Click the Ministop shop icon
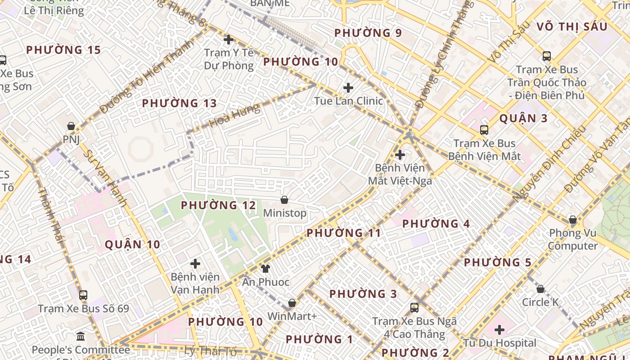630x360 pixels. tap(284, 199)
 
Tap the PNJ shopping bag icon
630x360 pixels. tap(71, 126)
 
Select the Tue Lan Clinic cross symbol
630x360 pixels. tap(348, 88)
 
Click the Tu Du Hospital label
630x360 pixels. tap(500, 343)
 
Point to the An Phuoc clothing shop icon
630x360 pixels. tap(265, 269)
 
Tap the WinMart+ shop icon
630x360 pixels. tap(292, 303)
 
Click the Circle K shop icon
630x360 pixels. tap(540, 289)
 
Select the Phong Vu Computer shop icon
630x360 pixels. tap(572, 220)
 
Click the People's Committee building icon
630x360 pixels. tap(81, 336)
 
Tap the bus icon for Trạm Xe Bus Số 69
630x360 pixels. tap(83, 295)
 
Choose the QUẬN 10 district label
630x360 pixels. tap(132, 244)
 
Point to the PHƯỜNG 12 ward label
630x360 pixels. tap(218, 206)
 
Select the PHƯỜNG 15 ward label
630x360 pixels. tap(63, 50)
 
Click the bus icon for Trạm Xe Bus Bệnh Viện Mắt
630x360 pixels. tap(484, 130)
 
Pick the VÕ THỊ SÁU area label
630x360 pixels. tap(572, 27)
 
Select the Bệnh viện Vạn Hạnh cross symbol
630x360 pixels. tap(195, 264)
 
